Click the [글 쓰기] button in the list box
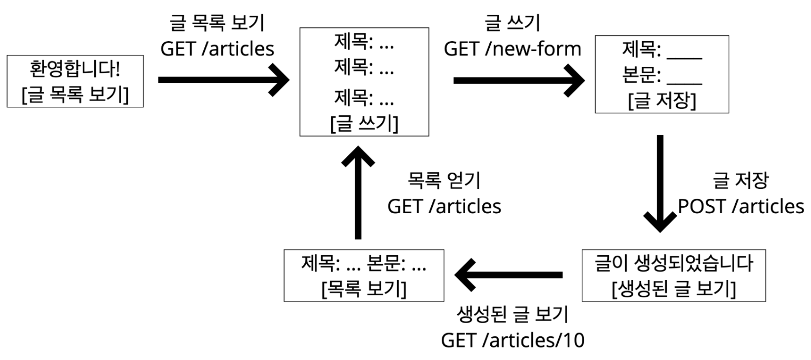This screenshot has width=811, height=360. [364, 125]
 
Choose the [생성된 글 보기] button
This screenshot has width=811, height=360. [674, 289]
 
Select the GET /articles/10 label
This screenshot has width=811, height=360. [512, 339]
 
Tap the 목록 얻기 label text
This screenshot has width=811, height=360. [444, 181]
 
